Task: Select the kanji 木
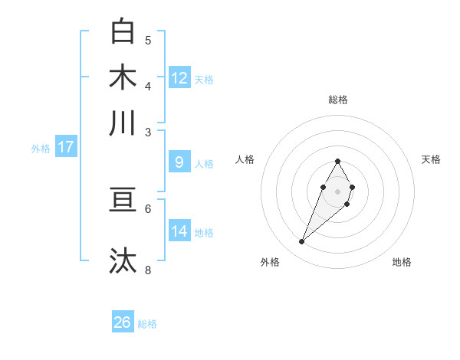123,77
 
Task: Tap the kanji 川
123,123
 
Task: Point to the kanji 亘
123,200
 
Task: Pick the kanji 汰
123,260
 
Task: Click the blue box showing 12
179,78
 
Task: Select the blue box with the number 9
179,162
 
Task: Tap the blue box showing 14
179,231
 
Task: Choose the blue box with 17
66,147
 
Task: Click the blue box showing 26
123,322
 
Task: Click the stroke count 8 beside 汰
148,270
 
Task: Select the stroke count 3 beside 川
148,133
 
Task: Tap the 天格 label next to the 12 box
204,80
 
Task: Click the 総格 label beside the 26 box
147,324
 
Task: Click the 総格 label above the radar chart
337,100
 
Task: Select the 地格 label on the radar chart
402,263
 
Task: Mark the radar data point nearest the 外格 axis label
301,242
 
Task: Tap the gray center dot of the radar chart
337,190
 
